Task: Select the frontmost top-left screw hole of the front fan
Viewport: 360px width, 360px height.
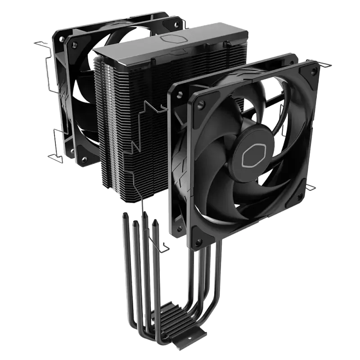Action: pyautogui.click(x=180, y=94)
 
